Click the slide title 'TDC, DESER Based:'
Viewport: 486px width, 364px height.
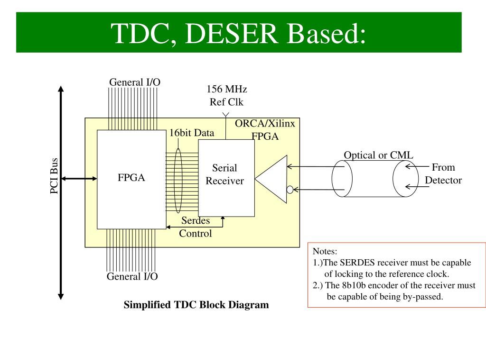click(239, 33)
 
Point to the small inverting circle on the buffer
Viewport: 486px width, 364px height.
click(290, 190)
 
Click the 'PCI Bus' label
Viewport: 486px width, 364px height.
click(54, 176)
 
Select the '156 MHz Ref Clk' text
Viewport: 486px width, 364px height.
click(226, 95)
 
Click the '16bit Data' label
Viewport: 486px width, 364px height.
click(192, 133)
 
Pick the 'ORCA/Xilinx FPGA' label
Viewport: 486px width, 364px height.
click(265, 129)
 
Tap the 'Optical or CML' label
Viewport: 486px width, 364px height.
click(378, 155)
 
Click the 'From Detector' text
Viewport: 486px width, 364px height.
click(443, 173)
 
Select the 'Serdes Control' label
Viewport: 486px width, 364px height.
click(195, 227)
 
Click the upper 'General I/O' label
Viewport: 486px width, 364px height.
click(135, 82)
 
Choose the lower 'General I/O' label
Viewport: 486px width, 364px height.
click(132, 276)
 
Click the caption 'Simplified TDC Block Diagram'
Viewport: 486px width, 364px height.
click(196, 305)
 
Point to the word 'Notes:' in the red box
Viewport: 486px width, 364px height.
click(325, 251)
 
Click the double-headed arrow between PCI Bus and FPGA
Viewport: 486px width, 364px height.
click(79, 178)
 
